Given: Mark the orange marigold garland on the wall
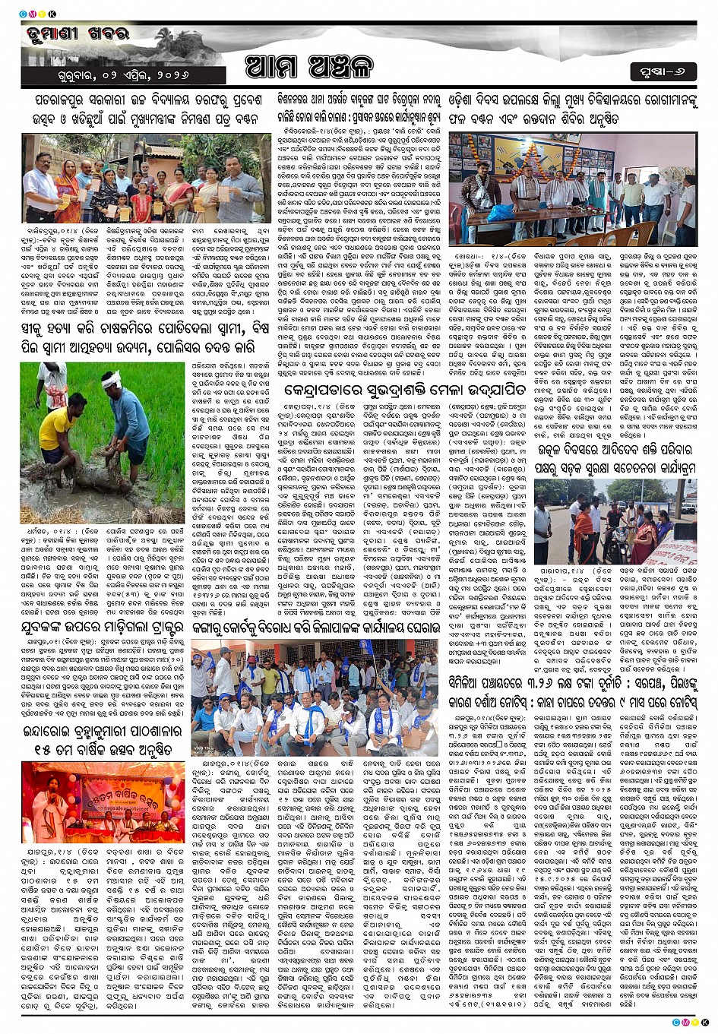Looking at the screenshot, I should pos(532,145).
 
